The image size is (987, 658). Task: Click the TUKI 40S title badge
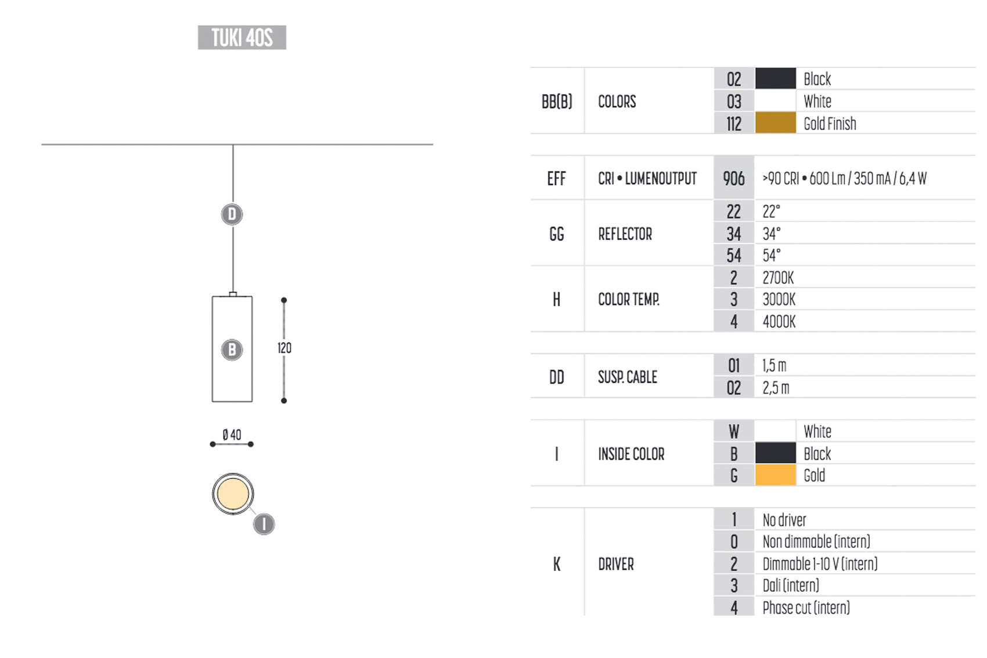click(242, 38)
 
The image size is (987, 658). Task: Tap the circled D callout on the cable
click(232, 214)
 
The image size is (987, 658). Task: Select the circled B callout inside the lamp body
click(232, 350)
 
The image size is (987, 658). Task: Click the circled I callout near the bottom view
click(264, 524)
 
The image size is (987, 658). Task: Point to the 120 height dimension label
click(284, 348)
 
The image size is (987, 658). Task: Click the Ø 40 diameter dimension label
click(232, 435)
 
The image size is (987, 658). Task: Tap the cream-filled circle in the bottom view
click(233, 494)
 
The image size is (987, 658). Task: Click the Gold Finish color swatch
click(776, 123)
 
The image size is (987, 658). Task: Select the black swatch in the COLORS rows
click(776, 78)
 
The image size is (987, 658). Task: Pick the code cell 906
click(734, 178)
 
